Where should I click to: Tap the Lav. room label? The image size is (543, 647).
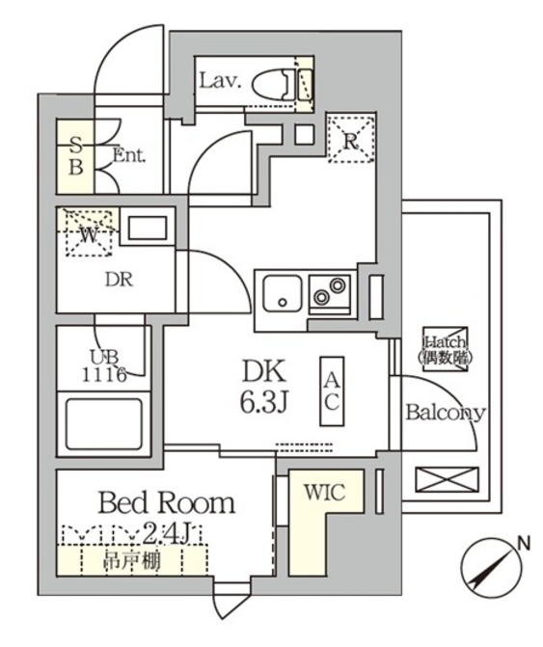click(219, 81)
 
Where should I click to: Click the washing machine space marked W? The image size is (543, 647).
click(88, 233)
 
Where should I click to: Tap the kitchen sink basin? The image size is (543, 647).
click(281, 292)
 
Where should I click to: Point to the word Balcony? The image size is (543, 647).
click(445, 413)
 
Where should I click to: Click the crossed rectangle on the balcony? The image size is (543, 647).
click(445, 481)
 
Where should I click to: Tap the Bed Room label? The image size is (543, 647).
click(166, 502)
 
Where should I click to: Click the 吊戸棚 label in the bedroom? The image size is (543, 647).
click(132, 560)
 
